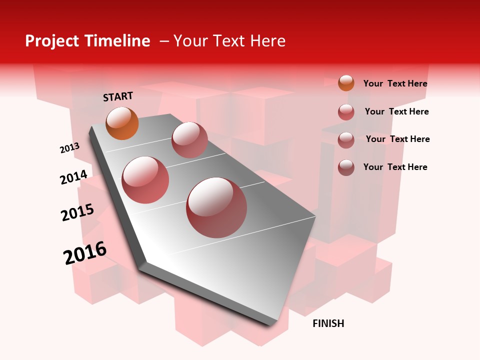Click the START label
click(x=118, y=96)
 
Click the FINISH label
click(x=328, y=323)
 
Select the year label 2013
click(x=69, y=148)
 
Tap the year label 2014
click(x=73, y=177)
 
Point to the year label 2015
click(x=77, y=212)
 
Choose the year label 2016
click(x=85, y=253)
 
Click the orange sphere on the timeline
click(x=122, y=123)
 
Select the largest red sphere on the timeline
click(x=216, y=207)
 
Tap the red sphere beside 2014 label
click(x=145, y=180)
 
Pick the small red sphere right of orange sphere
click(x=189, y=140)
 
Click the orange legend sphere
click(x=346, y=83)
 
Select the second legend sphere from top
click(x=346, y=112)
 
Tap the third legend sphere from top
click(x=346, y=140)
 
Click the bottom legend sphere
click(x=346, y=167)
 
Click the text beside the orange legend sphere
click(x=395, y=83)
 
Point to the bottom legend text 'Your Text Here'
click(x=395, y=167)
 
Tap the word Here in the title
click(x=267, y=41)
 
